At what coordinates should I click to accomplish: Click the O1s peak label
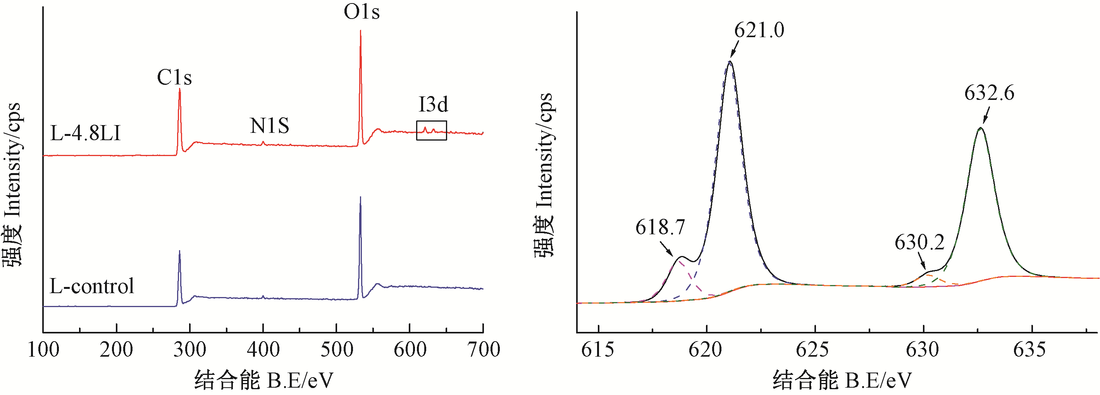pyautogui.click(x=361, y=12)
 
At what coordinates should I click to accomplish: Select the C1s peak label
pyautogui.click(x=174, y=77)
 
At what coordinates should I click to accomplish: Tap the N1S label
pyautogui.click(x=269, y=126)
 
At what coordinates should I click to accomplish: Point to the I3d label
pyautogui.click(x=433, y=105)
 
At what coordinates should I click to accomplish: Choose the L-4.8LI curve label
pyautogui.click(x=85, y=134)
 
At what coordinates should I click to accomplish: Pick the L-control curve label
pyautogui.click(x=92, y=286)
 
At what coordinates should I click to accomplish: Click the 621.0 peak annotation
pyautogui.click(x=759, y=30)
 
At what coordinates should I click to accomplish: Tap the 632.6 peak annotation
pyautogui.click(x=989, y=93)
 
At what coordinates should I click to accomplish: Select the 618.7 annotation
pyautogui.click(x=660, y=227)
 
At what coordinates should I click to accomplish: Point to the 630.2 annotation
pyautogui.click(x=919, y=243)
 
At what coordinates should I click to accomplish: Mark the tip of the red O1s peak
pyautogui.click(x=360, y=31)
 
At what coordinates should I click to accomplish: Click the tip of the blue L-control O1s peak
pyautogui.click(x=360, y=197)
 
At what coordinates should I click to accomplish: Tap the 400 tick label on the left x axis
pyautogui.click(x=263, y=350)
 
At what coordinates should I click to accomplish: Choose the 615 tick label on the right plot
pyautogui.click(x=598, y=350)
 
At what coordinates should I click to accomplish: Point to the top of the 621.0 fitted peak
pyautogui.click(x=730, y=62)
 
